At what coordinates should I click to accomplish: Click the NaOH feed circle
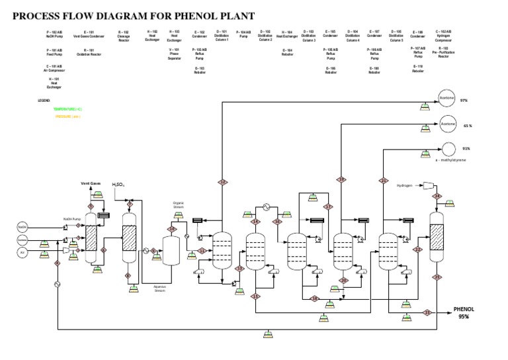pyautogui.click(x=22, y=226)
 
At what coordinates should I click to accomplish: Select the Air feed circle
pyautogui.click(x=22, y=252)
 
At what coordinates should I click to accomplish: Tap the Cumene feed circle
pyautogui.click(x=22, y=239)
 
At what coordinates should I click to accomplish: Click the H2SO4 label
pyautogui.click(x=118, y=185)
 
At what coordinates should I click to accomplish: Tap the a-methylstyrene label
pyautogui.click(x=451, y=159)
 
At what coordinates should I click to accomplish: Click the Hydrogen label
pyautogui.click(x=404, y=186)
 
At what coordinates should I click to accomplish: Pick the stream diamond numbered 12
pyautogui.click(x=223, y=181)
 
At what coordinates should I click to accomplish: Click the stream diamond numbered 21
pyautogui.click(x=383, y=180)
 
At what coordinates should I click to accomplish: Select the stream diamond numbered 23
pyautogui.click(x=427, y=312)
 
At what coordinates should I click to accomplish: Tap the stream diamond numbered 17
pyautogui.click(x=328, y=206)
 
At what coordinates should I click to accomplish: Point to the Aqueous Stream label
pyautogui.click(x=160, y=289)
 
